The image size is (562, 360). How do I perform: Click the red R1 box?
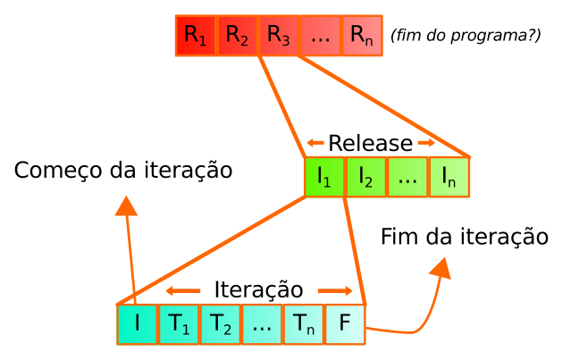pyautogui.click(x=196, y=37)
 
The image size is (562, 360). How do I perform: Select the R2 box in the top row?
pyautogui.click(x=237, y=37)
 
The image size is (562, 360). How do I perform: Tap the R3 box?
pyautogui.click(x=279, y=37)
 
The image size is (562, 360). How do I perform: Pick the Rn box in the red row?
pyautogui.click(x=362, y=37)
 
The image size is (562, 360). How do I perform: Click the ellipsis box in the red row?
pyautogui.click(x=320, y=37)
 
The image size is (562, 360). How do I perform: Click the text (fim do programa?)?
pyautogui.click(x=466, y=37)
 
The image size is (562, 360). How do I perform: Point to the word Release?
pyautogui.click(x=370, y=143)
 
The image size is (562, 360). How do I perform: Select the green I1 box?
pyautogui.click(x=324, y=176)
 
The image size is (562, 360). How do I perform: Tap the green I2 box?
pyautogui.click(x=365, y=176)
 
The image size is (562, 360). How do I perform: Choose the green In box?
pyautogui.click(x=449, y=176)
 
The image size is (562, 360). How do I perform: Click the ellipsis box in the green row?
pyautogui.click(x=407, y=176)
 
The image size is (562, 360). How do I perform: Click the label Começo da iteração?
pyautogui.click(x=123, y=170)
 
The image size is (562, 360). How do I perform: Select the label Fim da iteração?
pyautogui.click(x=464, y=237)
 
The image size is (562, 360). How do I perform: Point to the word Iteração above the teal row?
pyautogui.click(x=259, y=289)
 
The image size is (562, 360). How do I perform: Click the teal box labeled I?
pyautogui.click(x=137, y=324)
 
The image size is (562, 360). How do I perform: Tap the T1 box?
pyautogui.click(x=179, y=324)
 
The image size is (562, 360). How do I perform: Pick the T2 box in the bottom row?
pyautogui.click(x=220, y=324)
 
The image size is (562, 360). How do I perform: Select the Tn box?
pyautogui.click(x=303, y=324)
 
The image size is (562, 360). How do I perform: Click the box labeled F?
pyautogui.click(x=345, y=324)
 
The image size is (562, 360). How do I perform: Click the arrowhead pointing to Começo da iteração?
pyautogui.click(x=127, y=205)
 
